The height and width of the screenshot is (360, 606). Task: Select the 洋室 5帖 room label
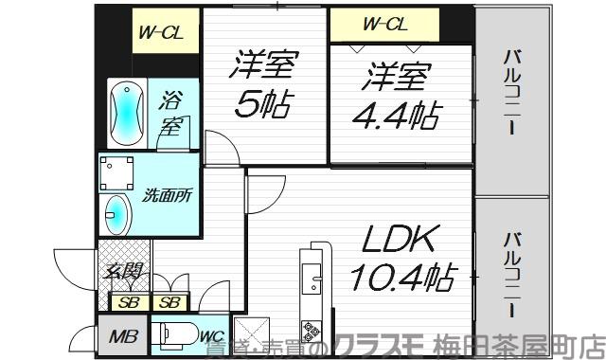tap(265, 82)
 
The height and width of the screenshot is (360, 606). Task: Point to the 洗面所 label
tap(168, 197)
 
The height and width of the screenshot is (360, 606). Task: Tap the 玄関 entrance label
tap(123, 272)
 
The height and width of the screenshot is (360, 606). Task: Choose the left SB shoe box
tap(126, 302)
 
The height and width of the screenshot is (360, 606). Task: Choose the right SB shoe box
tap(169, 302)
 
